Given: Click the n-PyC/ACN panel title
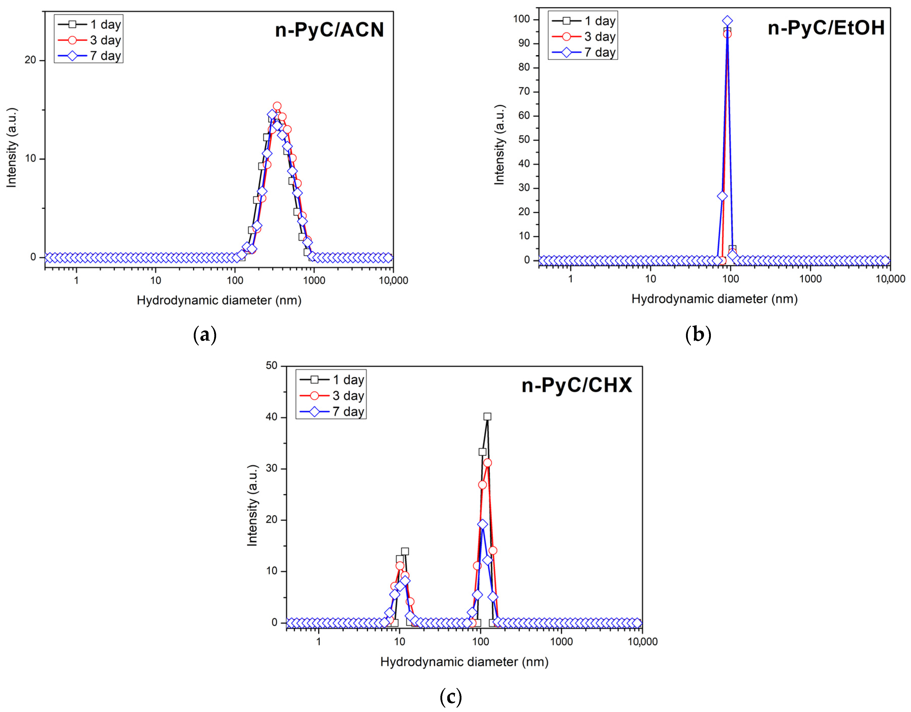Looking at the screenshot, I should pos(329,30).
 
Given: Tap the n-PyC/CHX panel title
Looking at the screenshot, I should pos(577,385).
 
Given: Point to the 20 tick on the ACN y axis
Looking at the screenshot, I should pos(30,60).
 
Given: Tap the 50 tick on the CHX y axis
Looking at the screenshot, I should pos(271,366).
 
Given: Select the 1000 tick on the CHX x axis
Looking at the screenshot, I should pos(561,641).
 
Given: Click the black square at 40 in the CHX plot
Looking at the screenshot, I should pos(487,416).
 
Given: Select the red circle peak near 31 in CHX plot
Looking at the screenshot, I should pos(487,463).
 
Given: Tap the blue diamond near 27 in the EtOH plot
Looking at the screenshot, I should pos(722,196).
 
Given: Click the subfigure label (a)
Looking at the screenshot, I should pos(205,335).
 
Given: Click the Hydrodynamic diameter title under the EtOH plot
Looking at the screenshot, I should pos(714,299).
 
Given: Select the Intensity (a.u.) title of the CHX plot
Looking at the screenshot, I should pos(252,505).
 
